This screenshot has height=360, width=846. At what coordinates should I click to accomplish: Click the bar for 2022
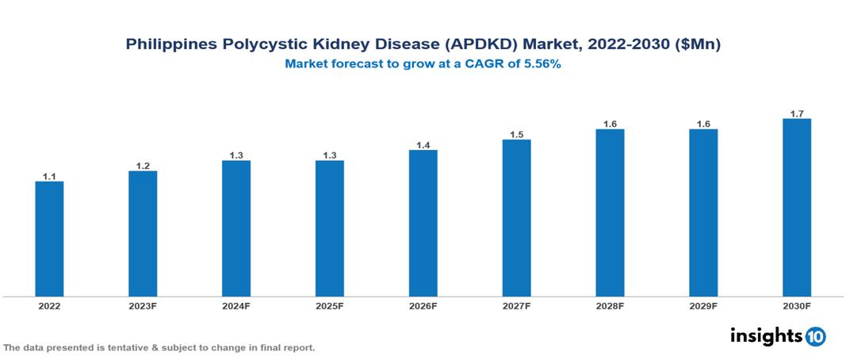point(49,239)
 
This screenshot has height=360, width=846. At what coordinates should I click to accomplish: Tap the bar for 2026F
point(423,223)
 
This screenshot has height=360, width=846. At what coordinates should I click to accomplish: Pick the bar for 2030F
point(796,208)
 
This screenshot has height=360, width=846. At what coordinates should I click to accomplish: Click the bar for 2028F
point(610,213)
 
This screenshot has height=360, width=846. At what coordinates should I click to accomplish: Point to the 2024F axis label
point(236,305)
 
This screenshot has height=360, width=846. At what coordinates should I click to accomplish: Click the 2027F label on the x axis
point(516,305)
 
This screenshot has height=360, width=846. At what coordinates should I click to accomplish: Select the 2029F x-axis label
point(702,305)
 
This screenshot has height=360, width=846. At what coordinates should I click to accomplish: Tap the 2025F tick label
point(329,305)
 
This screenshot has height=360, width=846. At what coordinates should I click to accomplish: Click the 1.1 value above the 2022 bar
point(49,177)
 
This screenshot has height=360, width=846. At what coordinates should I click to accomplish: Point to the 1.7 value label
point(796,114)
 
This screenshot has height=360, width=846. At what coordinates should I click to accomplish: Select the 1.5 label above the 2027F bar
point(516,135)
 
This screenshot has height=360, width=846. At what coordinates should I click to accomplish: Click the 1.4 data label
point(423,145)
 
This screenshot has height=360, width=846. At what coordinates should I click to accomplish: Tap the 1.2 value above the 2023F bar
point(143,166)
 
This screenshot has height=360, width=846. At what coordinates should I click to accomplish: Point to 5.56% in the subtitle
point(542,65)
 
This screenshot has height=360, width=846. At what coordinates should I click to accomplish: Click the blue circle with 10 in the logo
point(815,337)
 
